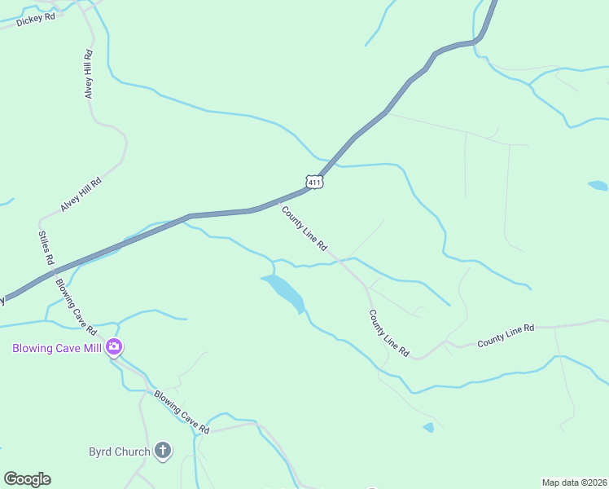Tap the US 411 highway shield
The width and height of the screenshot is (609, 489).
point(315,182)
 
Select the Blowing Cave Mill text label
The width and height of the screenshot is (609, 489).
point(56,348)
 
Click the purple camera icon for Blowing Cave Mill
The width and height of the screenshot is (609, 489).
point(114,348)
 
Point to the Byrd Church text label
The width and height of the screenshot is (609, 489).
point(119,452)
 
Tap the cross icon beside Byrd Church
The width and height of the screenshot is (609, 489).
point(163,450)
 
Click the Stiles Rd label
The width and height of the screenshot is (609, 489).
point(46,248)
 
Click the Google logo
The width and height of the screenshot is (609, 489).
point(27,479)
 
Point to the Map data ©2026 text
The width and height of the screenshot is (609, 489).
point(574,482)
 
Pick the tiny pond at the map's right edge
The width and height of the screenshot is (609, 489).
point(598,186)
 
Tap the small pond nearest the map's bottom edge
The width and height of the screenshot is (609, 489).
point(428,427)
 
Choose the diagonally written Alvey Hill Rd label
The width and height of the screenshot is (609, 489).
point(81,195)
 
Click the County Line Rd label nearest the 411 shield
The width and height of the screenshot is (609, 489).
point(304,228)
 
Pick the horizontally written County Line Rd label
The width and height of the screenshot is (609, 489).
point(506,335)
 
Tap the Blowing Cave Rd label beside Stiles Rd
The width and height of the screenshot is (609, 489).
point(77,307)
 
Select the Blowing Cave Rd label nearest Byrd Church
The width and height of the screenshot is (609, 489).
point(182,412)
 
